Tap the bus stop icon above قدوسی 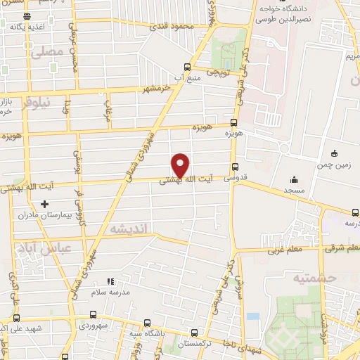pos(234,167)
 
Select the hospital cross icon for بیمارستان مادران pos(44,204)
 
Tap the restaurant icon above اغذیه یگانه pos(27,15)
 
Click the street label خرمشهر pos(156,89)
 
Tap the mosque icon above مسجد pos(295,179)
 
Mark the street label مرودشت pos(108,110)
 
